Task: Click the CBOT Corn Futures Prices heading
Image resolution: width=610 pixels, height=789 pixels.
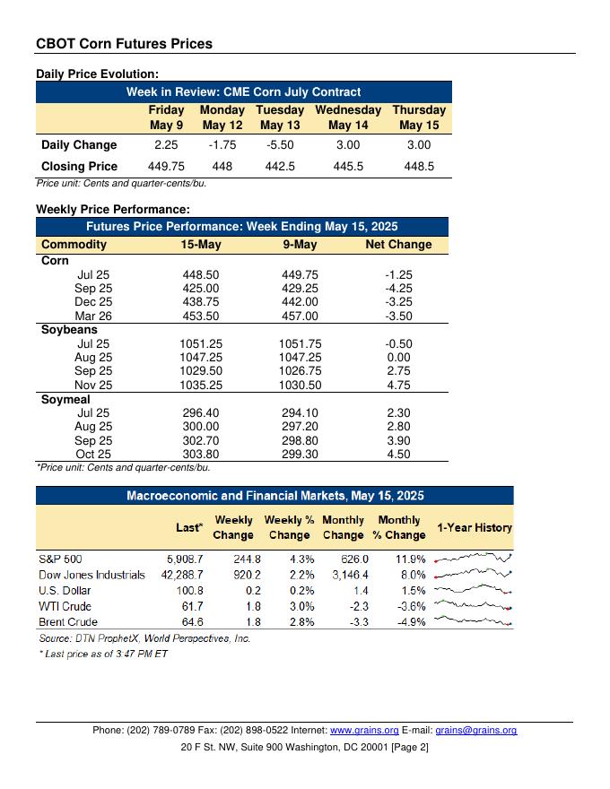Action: pyautogui.click(x=124, y=43)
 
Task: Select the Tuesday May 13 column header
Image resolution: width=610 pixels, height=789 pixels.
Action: pyautogui.click(x=280, y=117)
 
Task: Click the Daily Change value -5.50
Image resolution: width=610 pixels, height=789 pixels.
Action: pyautogui.click(x=280, y=145)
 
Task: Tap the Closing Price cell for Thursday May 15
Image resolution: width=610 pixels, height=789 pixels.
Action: pyautogui.click(x=419, y=166)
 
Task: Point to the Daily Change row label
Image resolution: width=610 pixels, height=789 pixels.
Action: pyautogui.click(x=79, y=145)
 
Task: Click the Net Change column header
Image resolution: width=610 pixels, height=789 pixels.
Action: pyautogui.click(x=398, y=245)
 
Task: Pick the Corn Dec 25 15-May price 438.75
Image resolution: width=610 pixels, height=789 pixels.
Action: pyautogui.click(x=200, y=303)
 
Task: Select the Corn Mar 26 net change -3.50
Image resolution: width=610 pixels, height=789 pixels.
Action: pyautogui.click(x=398, y=316)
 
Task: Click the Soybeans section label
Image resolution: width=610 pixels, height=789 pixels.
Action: pyautogui.click(x=69, y=330)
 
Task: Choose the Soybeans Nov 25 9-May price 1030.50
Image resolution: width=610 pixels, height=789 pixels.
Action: pyautogui.click(x=300, y=385)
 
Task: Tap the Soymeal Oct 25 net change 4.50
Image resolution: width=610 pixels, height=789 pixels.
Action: pyautogui.click(x=398, y=454)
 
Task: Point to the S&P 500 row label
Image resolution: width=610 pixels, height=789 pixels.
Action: pyautogui.click(x=60, y=559)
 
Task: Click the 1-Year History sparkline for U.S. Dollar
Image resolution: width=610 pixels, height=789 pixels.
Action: pyautogui.click(x=473, y=591)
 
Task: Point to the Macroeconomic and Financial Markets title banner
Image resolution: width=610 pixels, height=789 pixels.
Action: pyautogui.click(x=274, y=496)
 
